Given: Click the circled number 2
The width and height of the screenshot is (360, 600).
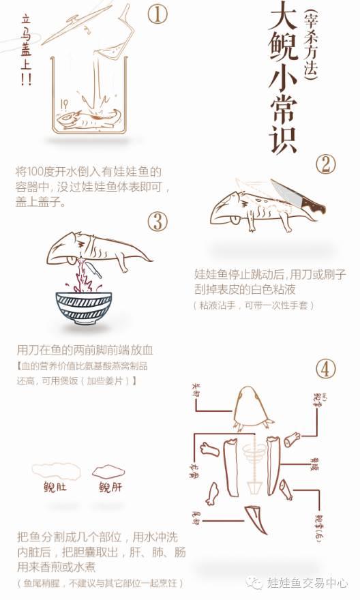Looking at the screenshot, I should [326, 164].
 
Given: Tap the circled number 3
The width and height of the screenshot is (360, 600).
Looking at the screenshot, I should [157, 221].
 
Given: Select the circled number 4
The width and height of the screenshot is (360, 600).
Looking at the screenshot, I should [326, 369].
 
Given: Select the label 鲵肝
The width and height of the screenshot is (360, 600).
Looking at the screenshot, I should [111, 487].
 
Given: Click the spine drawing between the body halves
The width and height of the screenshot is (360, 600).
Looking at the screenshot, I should [255, 464].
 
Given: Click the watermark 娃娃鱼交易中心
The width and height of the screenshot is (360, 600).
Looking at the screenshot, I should [307, 584].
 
